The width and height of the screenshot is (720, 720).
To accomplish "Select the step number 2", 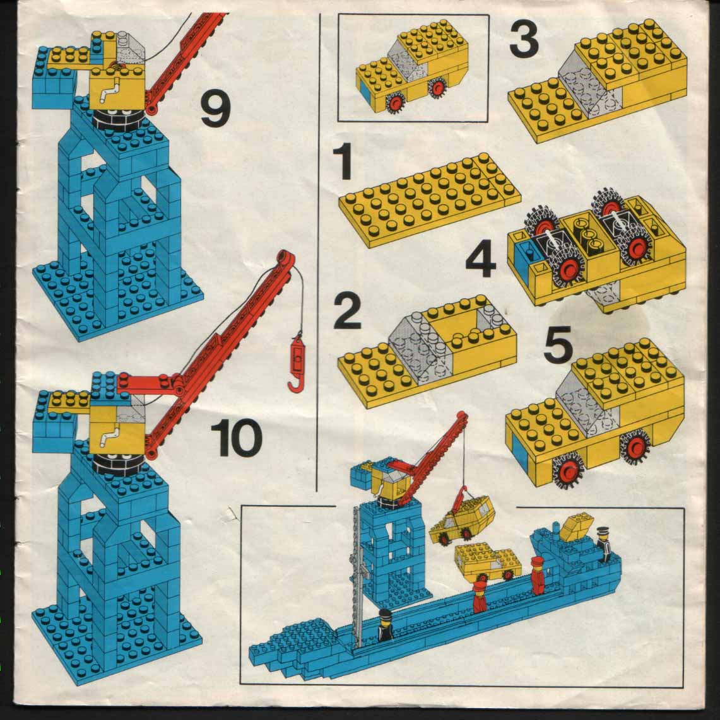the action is click(x=347, y=311).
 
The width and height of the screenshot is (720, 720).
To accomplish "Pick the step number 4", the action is click(x=481, y=260).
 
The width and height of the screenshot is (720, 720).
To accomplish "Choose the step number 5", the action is click(x=557, y=344).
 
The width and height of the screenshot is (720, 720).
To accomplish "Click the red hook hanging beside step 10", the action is click(x=297, y=363).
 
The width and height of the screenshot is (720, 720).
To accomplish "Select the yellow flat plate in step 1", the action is click(x=430, y=199).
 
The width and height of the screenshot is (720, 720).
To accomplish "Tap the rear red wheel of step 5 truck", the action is click(x=636, y=445).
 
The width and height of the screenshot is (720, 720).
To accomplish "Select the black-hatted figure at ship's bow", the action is click(x=385, y=625).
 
